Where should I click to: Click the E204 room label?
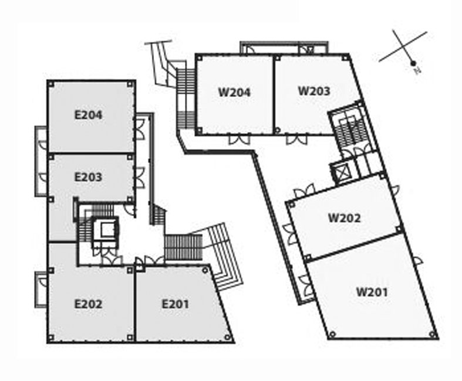click(x=89, y=115)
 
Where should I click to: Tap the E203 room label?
click(x=89, y=177)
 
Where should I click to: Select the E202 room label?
click(x=89, y=304)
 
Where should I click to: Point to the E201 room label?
click(x=176, y=304)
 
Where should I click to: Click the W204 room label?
click(x=234, y=92)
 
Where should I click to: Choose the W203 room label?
click(x=314, y=91)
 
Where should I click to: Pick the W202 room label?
click(x=344, y=218)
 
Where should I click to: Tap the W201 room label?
click(x=372, y=292)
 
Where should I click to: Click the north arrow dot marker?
click(x=413, y=63)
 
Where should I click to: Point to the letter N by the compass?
click(x=417, y=70)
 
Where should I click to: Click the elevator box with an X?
click(x=340, y=172)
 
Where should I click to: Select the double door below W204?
click(x=240, y=139)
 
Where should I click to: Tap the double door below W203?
click(x=296, y=139)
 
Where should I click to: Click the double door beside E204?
click(x=140, y=129)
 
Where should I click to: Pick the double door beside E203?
click(x=140, y=178)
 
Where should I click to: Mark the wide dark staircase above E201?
click(x=183, y=247)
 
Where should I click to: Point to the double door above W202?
click(x=305, y=191)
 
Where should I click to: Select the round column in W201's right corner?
click(x=433, y=334)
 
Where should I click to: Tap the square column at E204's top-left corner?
click(x=51, y=84)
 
